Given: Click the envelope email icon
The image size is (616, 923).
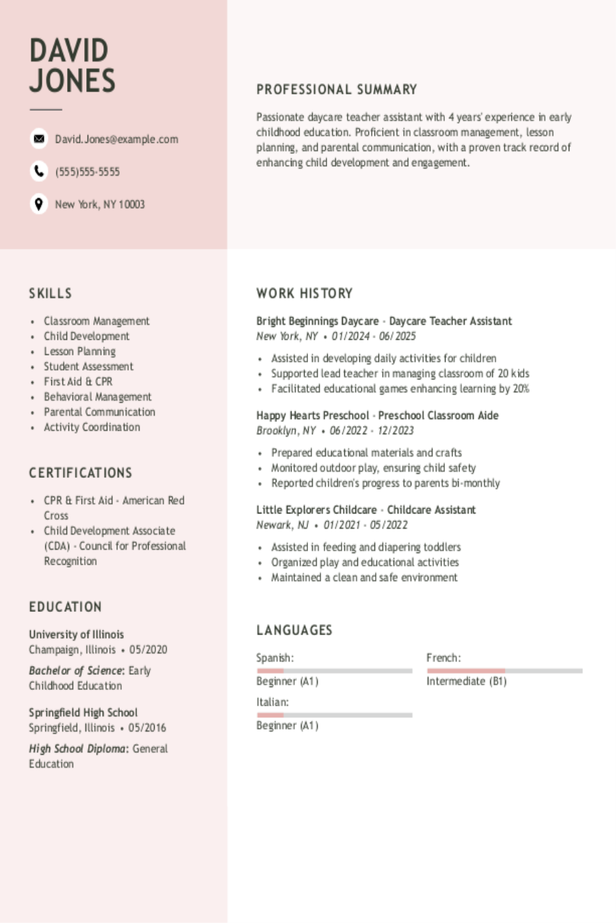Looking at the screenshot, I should point(39,139).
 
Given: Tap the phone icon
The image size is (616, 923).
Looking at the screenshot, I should point(39,171).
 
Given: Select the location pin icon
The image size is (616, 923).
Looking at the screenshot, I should point(39,204).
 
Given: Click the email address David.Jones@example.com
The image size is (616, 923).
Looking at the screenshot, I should point(116,139).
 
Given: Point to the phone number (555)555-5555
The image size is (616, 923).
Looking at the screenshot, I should point(88,172).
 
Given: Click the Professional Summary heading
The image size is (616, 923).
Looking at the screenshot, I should point(337,90).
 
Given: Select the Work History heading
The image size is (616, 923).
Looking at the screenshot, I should point(305,293).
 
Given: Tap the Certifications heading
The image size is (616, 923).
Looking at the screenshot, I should point(81,473).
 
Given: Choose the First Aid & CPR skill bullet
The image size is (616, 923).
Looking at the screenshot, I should point(78,382).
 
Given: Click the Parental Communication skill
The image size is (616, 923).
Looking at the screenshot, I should point(99,412).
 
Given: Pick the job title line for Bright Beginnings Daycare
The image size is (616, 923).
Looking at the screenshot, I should point(384,321).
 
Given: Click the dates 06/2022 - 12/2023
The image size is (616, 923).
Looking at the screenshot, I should point(372,431).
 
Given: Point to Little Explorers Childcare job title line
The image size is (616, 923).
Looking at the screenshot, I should point(366,510).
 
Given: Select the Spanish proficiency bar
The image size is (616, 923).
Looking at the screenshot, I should point(334,671).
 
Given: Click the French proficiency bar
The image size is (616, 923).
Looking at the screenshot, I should point(504,671).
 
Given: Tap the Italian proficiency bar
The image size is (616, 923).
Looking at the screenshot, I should point(334,715).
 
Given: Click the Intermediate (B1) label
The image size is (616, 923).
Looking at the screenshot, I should point(466,682).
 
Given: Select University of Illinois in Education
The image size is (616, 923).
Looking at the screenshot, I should point(76,634).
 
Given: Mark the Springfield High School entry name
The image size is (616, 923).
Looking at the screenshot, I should point(83,712).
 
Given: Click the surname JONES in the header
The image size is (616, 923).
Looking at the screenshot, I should point(73,81).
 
